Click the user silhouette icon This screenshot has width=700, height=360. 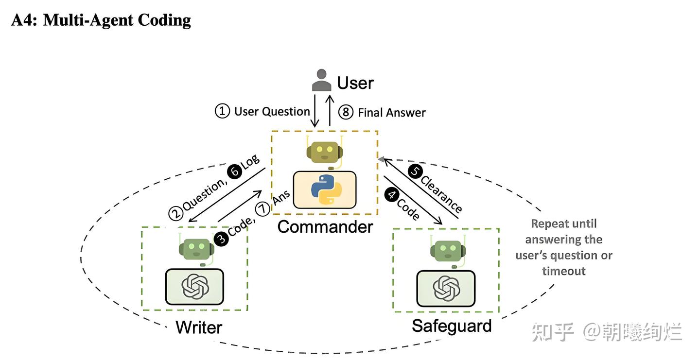[321, 80]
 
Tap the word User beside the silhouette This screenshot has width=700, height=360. [355, 83]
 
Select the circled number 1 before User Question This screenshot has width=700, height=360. [222, 111]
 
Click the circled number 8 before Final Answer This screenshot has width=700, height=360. [345, 112]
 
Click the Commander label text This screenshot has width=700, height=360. [325, 226]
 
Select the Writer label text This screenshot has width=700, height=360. [199, 327]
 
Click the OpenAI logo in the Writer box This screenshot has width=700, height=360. [194, 286]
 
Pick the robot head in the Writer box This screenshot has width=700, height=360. [195, 248]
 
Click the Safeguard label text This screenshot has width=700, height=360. [451, 326]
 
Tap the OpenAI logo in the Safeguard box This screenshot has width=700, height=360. [446, 288]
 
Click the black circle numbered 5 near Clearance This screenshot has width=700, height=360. [415, 172]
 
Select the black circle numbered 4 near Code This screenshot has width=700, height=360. [391, 194]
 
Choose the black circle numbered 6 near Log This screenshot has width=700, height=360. [235, 171]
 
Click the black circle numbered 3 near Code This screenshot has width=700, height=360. [222, 239]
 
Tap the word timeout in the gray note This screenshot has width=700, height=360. [564, 271]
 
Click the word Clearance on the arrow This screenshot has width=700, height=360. [441, 193]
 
